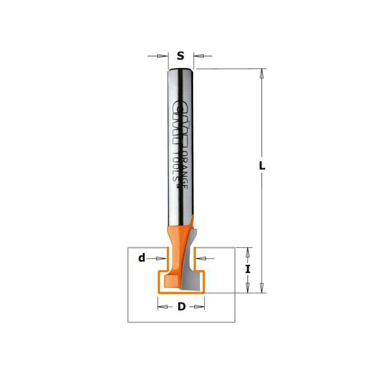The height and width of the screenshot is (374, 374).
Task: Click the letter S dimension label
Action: coord(180,57)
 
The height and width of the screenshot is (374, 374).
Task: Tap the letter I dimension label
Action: coord(248,269)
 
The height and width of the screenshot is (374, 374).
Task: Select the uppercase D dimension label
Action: coord(181,307)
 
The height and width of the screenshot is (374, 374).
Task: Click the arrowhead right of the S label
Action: coord(198,57)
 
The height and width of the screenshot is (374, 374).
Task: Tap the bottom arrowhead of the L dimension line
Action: coord(262,288)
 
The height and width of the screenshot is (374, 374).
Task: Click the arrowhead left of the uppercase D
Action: coord(161,307)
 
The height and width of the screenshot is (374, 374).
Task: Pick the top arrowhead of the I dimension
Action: coord(248,252)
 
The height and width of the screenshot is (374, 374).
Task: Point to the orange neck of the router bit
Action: coord(174,248)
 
